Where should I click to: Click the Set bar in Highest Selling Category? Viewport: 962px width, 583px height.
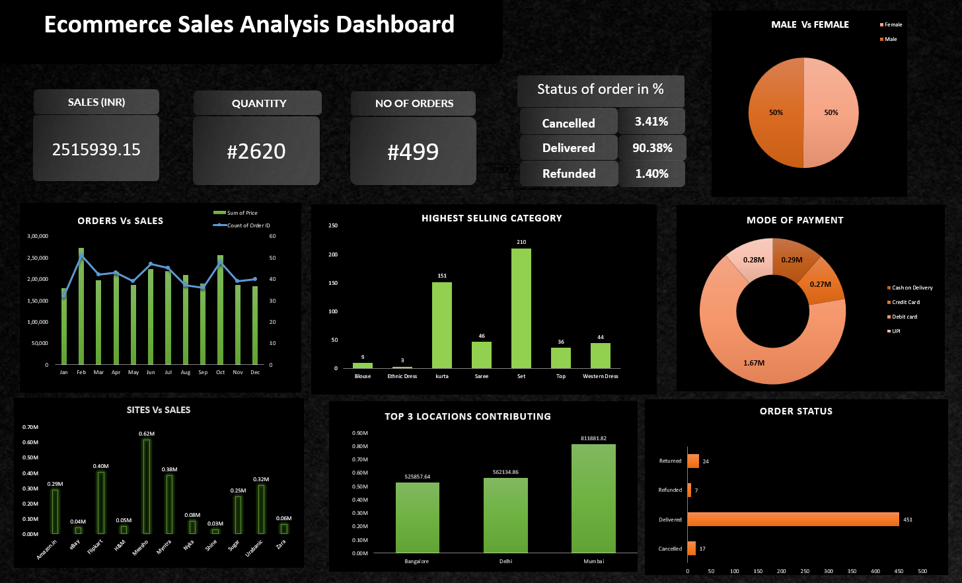(x=521, y=308)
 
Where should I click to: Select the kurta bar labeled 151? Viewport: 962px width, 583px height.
(x=442, y=325)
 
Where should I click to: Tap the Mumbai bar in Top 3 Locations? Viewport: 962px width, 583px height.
(x=593, y=498)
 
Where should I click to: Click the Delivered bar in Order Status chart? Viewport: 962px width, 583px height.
(x=793, y=520)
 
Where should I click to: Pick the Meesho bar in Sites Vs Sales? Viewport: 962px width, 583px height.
(x=146, y=486)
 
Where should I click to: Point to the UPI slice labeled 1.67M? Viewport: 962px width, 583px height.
(x=754, y=363)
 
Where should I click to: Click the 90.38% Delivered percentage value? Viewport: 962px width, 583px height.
(x=652, y=148)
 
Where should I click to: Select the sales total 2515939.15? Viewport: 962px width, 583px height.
(x=96, y=150)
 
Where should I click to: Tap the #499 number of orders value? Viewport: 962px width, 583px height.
(x=413, y=152)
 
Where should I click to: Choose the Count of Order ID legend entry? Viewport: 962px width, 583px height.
(x=248, y=225)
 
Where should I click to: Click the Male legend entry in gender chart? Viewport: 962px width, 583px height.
(x=891, y=39)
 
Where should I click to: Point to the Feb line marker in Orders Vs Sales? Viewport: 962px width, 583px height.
(x=81, y=256)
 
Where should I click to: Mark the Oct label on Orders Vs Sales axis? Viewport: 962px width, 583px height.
(x=220, y=372)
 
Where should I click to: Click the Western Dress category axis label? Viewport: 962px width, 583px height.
(x=600, y=376)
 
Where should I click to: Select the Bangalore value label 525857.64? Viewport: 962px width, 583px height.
(x=417, y=477)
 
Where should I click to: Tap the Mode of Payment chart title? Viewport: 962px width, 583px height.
(x=795, y=220)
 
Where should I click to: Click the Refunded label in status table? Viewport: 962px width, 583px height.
(x=569, y=174)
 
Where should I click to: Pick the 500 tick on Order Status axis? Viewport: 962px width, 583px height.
(x=922, y=571)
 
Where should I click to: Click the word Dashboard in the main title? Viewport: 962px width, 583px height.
(x=395, y=24)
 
